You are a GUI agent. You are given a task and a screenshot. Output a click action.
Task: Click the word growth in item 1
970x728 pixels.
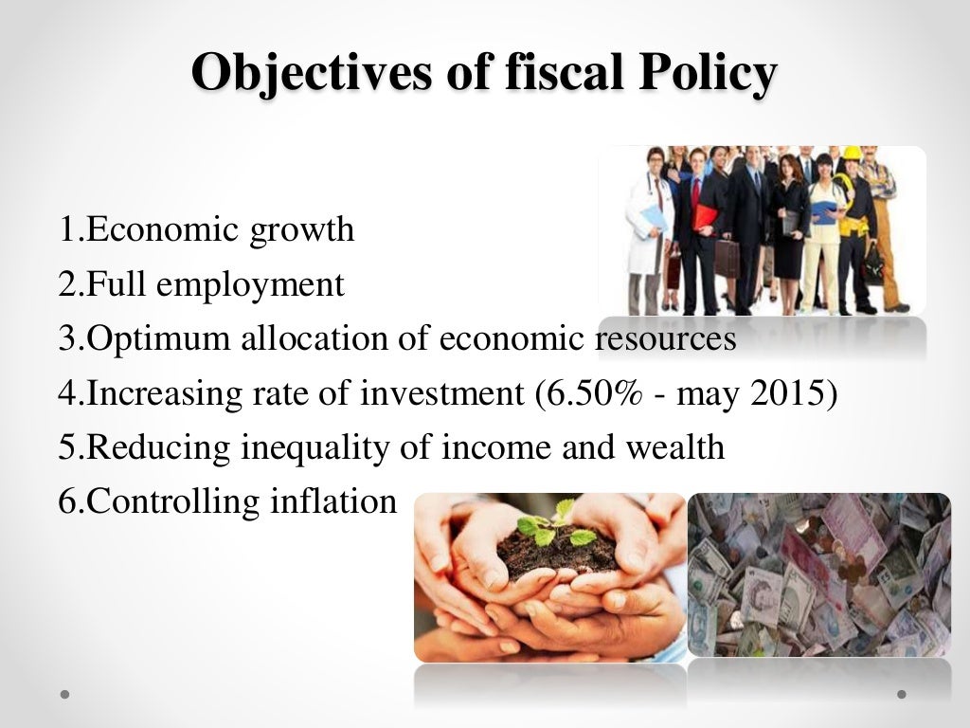click(302, 230)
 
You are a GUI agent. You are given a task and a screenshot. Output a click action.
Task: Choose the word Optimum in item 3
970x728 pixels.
click(151, 339)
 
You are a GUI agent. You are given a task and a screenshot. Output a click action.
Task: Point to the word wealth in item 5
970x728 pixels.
click(674, 447)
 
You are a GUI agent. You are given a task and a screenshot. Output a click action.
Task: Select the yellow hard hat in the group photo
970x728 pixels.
click(852, 154)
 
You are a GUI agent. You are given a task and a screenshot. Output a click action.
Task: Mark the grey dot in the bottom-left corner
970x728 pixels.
click(65, 694)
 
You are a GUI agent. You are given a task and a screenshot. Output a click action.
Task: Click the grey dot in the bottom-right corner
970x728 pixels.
click(902, 694)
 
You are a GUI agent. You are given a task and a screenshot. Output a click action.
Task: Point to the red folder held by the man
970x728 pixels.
click(705, 217)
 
